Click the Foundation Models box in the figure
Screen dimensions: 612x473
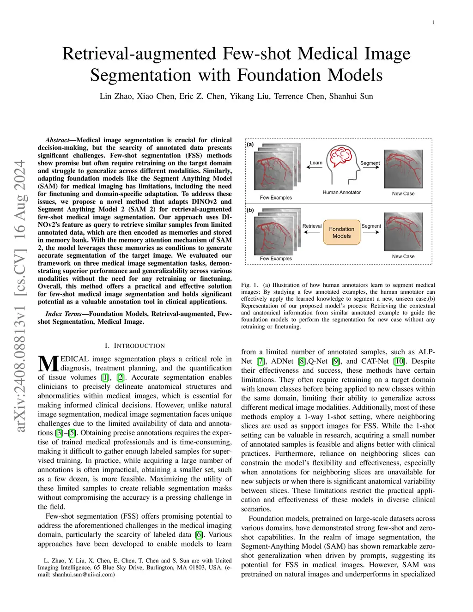341,232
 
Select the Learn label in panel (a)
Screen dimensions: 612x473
316,163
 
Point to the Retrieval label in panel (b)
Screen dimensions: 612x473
312,226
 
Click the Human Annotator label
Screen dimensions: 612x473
341,192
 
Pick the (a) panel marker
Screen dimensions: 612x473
250,145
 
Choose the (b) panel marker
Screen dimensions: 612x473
250,210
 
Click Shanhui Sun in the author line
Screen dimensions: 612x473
351,96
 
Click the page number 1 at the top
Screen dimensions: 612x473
434,22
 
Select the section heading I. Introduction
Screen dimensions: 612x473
134,345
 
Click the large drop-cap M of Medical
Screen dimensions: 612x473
48,364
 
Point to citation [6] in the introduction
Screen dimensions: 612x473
199,535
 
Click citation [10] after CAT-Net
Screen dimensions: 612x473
400,361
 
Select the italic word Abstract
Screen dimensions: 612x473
57,140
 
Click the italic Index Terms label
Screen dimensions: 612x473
63,314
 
